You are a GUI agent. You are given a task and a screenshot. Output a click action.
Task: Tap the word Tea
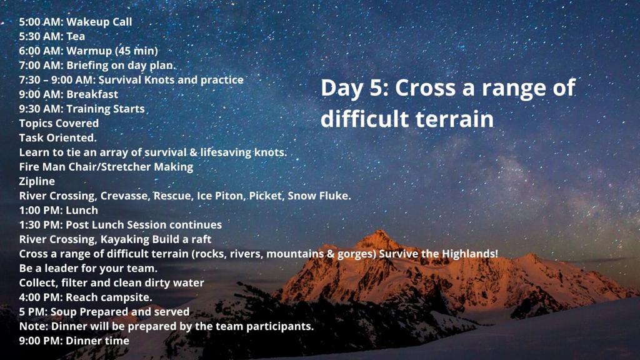tap(76, 36)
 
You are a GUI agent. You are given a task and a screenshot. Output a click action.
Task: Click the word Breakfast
tap(92, 94)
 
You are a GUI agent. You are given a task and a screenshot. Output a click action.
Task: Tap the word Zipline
tap(37, 182)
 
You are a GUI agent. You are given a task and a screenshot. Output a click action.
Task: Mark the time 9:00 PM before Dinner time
tap(40, 341)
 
